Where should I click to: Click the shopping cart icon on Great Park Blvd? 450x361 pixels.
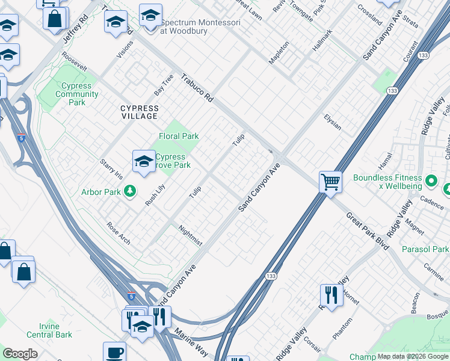(331, 181)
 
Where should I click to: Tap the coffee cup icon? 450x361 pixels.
(114, 353)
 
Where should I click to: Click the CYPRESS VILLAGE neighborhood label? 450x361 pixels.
(139, 112)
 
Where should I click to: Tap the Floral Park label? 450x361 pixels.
(179, 137)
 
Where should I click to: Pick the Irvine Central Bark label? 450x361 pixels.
(48, 330)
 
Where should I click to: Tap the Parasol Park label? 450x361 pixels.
(425, 249)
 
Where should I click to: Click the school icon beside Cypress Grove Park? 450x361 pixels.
(144, 161)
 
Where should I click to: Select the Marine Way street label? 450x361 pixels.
(191, 341)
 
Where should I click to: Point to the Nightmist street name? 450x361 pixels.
(191, 235)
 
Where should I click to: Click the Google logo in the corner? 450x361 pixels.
(20, 354)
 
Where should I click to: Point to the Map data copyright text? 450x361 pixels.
(413, 356)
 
